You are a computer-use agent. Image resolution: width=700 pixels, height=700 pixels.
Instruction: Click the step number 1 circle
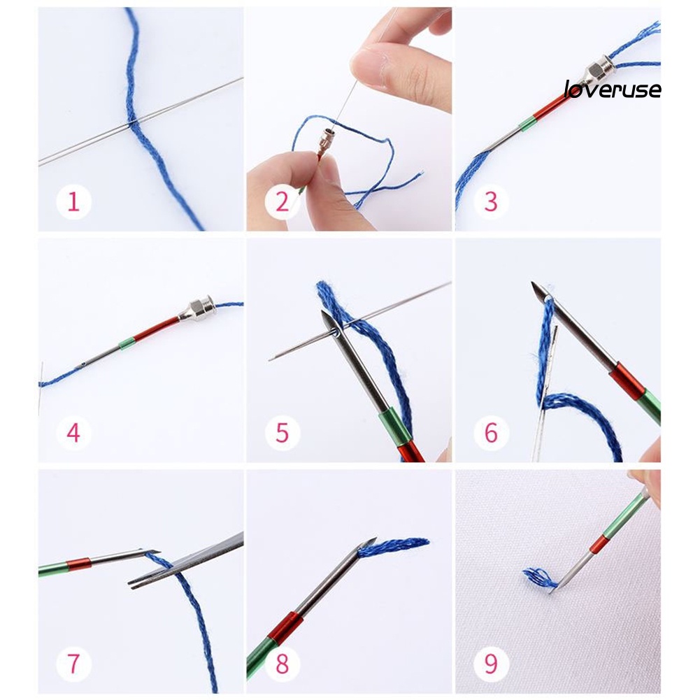73,202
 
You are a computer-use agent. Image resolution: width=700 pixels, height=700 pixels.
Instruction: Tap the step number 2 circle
282,202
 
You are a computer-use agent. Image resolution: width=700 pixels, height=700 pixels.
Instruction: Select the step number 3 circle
491,202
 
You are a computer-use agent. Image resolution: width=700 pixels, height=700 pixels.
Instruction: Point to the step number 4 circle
73,433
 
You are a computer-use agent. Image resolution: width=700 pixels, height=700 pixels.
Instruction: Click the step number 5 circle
282,433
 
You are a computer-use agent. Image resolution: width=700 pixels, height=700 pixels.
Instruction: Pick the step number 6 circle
491,433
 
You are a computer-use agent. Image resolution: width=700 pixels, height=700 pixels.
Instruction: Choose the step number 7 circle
73,664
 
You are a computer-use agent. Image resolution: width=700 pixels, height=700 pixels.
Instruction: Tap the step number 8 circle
282,664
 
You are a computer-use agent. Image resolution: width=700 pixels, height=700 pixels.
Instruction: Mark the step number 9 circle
491,664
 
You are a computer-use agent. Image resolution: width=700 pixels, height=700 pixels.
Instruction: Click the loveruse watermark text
613,90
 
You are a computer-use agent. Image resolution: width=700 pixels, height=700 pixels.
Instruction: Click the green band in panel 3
527,124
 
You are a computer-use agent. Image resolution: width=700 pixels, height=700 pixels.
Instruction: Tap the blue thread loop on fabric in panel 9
539,578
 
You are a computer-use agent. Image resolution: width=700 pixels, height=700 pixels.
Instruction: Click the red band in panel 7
79,564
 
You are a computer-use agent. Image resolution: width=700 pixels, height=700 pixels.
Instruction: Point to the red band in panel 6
627,381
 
